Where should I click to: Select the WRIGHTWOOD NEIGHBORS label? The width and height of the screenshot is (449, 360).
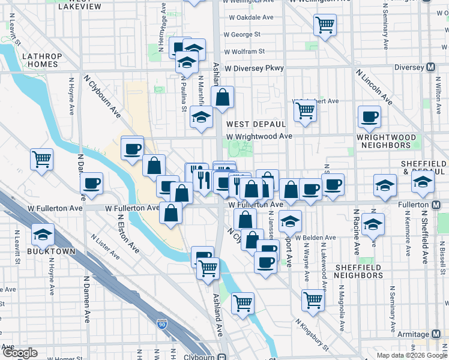pos(386,141)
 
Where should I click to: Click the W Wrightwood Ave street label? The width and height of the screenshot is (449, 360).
pos(259,136)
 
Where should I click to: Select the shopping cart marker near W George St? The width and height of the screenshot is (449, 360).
pos(325,25)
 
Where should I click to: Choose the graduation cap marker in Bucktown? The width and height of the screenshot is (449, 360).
pos(43,234)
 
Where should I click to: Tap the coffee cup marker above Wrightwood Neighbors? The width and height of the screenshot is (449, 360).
pos(369,116)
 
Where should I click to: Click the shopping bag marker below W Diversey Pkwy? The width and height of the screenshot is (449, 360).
pos(222,98)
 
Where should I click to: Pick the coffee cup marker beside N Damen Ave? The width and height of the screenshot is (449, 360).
pos(91,184)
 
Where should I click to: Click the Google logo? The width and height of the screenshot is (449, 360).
pos(19,353)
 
